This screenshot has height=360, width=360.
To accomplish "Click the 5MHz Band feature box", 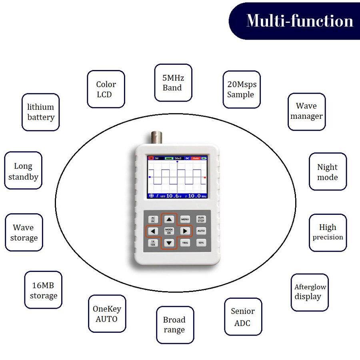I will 173,83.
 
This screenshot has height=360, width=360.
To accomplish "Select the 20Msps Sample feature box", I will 241,90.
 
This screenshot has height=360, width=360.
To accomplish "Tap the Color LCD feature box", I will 106,89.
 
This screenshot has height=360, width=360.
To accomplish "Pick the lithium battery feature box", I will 40,112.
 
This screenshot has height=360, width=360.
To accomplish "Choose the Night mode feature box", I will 327,172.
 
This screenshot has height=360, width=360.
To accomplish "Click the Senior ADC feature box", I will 243,316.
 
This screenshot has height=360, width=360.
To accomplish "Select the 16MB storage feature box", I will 43,290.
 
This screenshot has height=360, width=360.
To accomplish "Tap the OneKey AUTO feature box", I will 107,314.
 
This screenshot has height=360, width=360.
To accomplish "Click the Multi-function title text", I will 300,20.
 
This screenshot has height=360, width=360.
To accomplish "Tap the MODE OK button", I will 169,231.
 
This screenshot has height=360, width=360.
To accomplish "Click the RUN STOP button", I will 201,219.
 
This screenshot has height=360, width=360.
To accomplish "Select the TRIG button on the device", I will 185,243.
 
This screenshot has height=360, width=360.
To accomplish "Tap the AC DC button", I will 153,219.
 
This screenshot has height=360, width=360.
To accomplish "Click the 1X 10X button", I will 153,243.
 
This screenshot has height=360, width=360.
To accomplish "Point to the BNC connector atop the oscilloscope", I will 154,138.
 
